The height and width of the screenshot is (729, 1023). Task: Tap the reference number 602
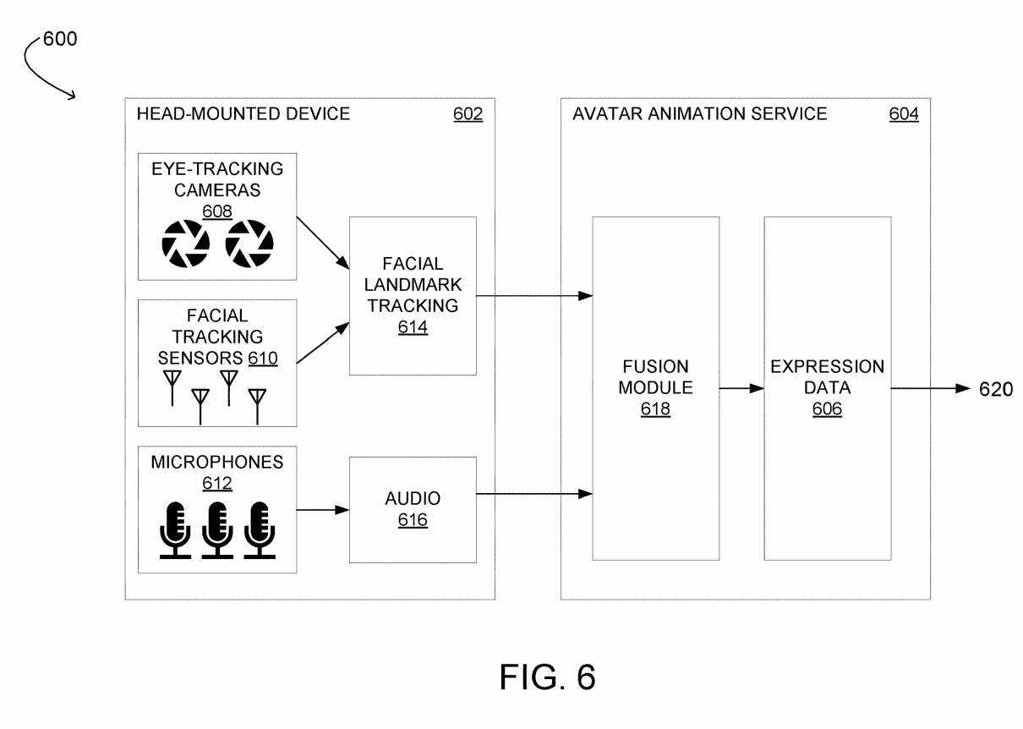(468, 114)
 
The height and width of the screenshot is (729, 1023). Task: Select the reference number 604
(903, 114)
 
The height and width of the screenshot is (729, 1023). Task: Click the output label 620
(995, 389)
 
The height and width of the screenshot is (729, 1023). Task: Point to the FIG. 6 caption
(547, 677)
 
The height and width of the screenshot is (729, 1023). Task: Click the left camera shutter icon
(185, 244)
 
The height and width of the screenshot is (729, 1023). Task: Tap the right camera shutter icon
(249, 244)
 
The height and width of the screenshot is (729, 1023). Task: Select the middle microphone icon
(217, 529)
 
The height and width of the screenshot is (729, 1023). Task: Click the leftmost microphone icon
(176, 529)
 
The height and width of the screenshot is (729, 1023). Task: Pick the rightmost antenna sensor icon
(257, 405)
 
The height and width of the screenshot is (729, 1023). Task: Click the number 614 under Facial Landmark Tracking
(413, 327)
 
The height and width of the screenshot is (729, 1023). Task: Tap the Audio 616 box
(413, 509)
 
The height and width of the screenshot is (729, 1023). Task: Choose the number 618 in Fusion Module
(655, 410)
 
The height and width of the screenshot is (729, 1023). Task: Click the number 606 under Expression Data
(827, 410)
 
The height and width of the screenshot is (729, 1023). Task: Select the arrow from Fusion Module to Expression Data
(741, 389)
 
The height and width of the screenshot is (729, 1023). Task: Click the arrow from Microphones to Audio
(323, 509)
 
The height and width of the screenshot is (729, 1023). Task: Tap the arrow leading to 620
(930, 389)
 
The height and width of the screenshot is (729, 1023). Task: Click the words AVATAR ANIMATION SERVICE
(699, 114)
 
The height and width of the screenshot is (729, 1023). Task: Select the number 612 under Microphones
(216, 484)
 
